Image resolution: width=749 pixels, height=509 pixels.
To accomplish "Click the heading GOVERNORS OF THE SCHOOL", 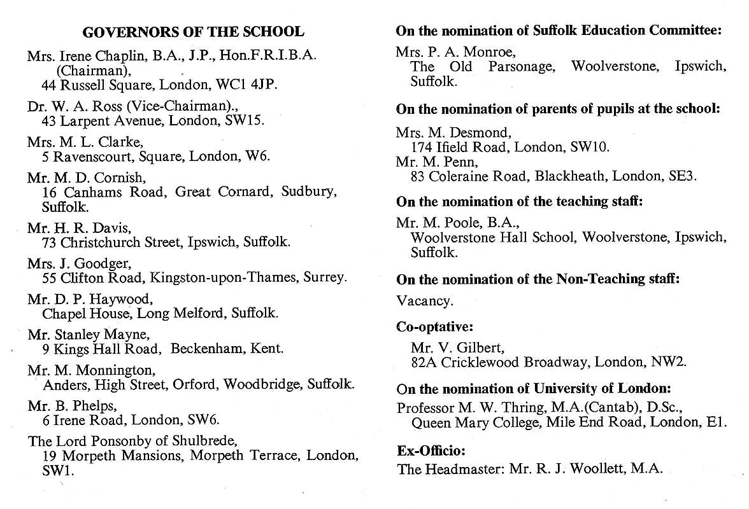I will coord(193,32).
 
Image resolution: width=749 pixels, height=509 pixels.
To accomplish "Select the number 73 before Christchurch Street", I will coord(50,242).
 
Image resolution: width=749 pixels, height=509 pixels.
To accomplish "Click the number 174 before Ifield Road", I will coord(422,147).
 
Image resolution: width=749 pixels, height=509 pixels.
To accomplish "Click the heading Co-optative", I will coord(435,327).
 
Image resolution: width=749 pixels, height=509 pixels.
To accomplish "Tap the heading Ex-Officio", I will coord(431,452).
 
